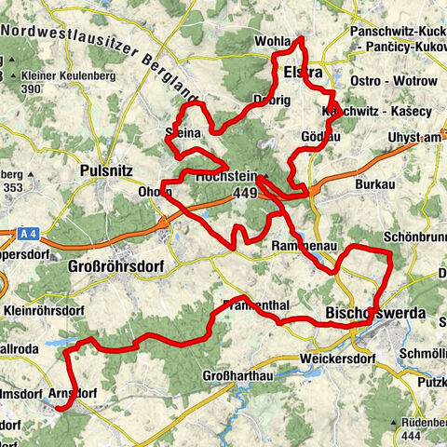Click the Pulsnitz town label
111,170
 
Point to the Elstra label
303,72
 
